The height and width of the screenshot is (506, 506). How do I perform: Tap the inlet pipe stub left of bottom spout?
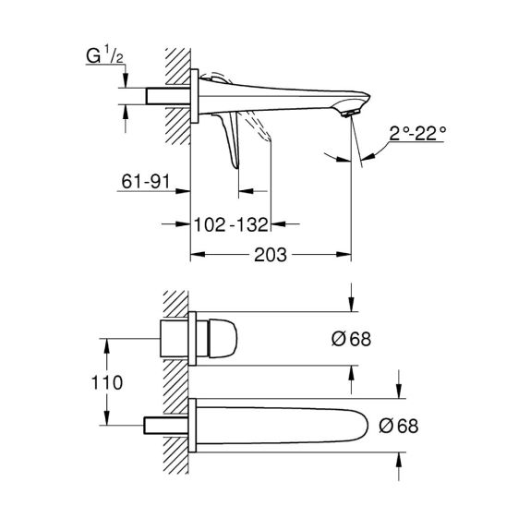(x=166, y=426)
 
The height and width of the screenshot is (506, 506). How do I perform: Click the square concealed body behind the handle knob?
(x=175, y=339)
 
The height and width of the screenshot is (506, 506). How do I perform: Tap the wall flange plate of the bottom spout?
(x=193, y=425)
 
